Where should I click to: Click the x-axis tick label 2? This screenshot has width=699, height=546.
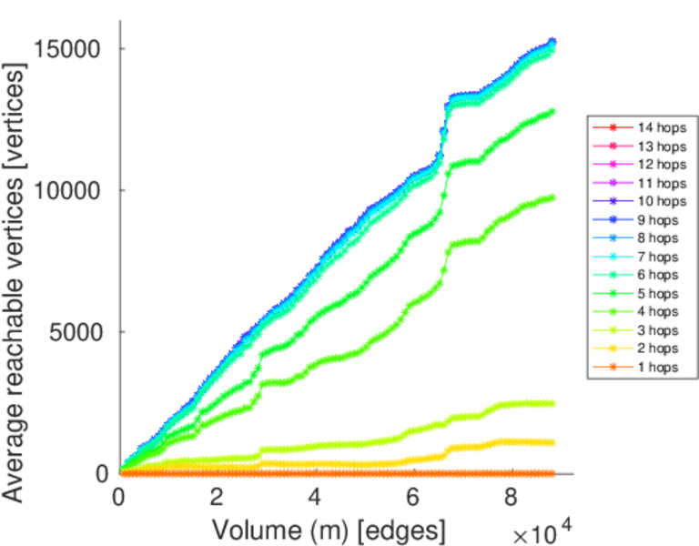(217, 498)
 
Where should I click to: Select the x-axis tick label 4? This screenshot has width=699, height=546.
(315, 498)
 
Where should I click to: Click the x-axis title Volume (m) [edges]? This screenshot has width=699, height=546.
(329, 529)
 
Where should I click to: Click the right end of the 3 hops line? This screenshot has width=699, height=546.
(553, 403)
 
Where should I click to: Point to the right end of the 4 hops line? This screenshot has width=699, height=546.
(553, 197)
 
